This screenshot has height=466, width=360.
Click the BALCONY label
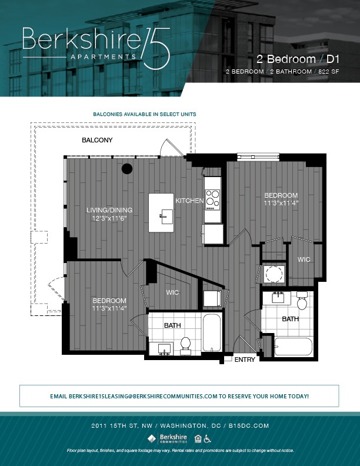click(97, 140)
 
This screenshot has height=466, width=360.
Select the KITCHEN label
click(189, 201)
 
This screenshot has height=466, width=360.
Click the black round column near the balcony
click(127, 169)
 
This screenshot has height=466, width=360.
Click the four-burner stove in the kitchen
click(212, 199)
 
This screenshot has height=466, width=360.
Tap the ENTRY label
click(245, 360)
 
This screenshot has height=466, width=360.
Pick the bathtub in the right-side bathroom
click(293, 347)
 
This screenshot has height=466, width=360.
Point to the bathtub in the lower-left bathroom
click(211, 332)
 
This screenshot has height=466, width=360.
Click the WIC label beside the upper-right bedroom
click(304, 259)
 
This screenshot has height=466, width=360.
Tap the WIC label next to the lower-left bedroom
click(172, 292)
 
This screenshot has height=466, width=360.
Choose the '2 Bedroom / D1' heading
click(298, 59)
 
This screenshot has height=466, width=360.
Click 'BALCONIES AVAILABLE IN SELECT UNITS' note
click(145, 114)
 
